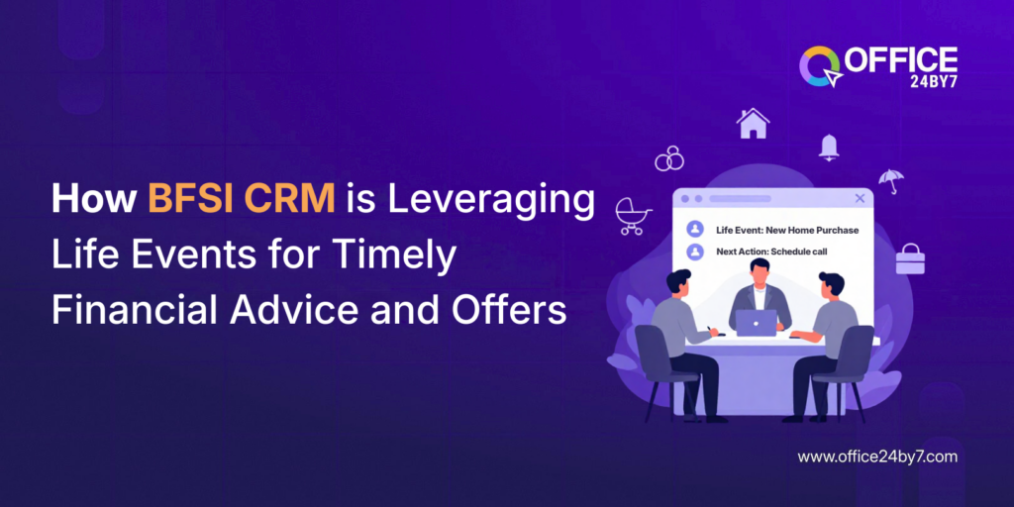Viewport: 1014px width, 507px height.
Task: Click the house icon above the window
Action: (x=753, y=123)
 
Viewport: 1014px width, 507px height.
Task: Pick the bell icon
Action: (x=829, y=148)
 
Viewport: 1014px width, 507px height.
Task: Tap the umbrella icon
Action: (x=890, y=181)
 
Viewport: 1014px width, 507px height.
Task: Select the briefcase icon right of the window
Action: (x=909, y=259)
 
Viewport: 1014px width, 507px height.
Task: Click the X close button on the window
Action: (x=859, y=199)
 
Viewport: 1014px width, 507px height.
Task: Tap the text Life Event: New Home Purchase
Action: (x=787, y=230)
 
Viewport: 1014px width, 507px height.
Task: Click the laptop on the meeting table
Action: (x=757, y=323)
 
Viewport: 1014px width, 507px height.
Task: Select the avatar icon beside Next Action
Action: (x=695, y=252)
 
